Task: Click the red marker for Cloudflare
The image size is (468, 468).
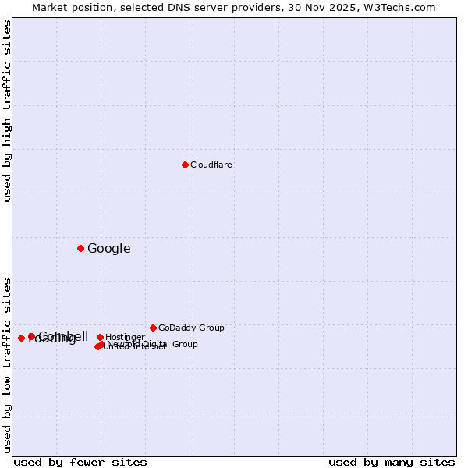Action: pos(185,165)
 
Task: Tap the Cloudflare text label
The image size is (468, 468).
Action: pos(211,165)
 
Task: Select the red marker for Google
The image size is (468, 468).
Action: pos(80,248)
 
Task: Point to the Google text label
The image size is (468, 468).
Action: pos(109,249)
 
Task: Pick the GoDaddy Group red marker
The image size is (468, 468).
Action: pos(153,328)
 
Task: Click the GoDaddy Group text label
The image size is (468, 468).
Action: pos(191,328)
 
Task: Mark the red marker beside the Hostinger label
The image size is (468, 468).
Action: pos(100,337)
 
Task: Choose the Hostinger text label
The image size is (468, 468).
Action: pos(125,338)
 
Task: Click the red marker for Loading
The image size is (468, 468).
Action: pos(21,338)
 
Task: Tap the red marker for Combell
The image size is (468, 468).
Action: pos(31,336)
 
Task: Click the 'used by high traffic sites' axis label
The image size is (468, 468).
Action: pos(8,111)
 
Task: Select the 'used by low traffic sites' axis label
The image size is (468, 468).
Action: pos(8,364)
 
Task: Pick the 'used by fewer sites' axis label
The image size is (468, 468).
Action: pos(80,463)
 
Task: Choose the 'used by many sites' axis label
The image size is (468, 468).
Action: pos(392,463)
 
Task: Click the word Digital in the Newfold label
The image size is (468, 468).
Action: pos(156,344)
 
